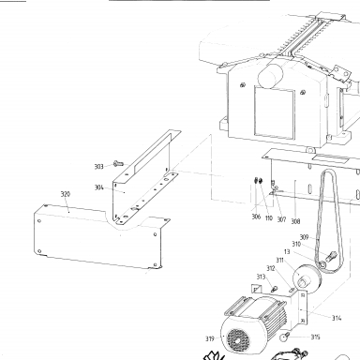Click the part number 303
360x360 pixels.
[x=98, y=167]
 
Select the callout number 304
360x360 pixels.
[x=98, y=187]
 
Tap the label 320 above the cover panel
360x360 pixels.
[x=66, y=194]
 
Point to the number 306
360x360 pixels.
[x=256, y=217]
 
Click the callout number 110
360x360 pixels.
[x=269, y=217]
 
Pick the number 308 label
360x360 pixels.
[x=295, y=221]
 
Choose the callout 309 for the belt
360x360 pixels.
[x=304, y=237]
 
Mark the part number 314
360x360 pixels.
[x=337, y=318]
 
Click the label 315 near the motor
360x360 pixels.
[x=315, y=337]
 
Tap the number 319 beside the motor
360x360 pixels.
[x=210, y=338]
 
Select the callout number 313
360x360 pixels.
[x=261, y=277]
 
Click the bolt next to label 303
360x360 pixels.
[x=118, y=163]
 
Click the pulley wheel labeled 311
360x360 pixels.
[x=306, y=278]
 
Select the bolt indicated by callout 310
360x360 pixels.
[x=331, y=256]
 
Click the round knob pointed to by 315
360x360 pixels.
[x=284, y=337]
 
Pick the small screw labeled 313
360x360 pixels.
[x=274, y=289]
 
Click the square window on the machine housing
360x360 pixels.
[x=275, y=113]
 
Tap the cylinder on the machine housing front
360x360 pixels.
[x=270, y=76]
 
